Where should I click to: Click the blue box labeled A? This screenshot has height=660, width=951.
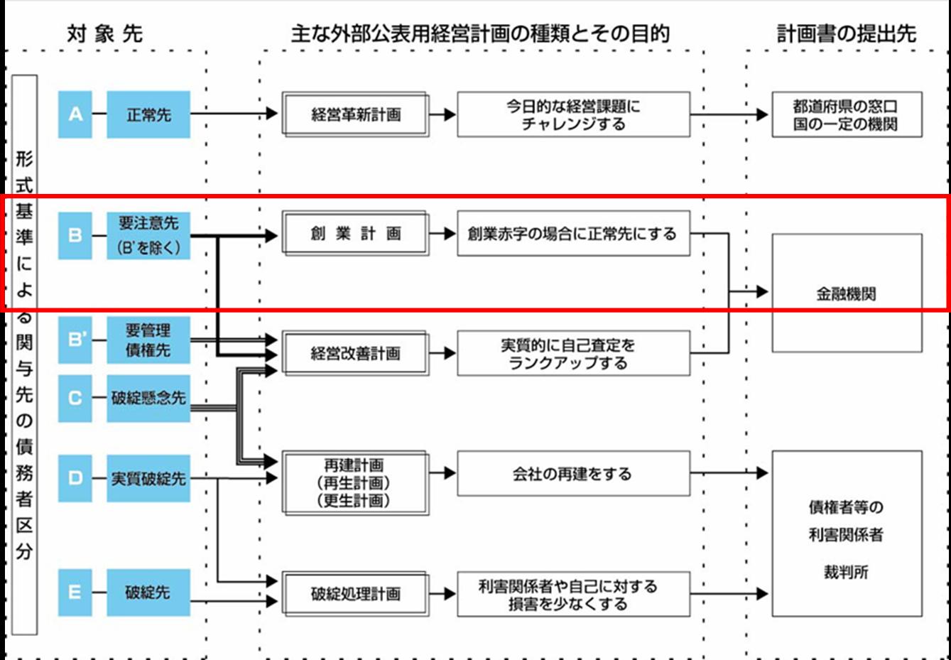point(75,114)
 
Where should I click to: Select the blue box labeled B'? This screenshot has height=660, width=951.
point(75,340)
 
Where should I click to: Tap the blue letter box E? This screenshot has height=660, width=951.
point(75,593)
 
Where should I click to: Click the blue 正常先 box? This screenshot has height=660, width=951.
point(148,114)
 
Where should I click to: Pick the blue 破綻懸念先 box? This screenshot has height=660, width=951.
point(148,398)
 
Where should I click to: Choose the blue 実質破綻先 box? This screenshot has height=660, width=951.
point(148,478)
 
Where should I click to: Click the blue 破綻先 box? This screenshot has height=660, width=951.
point(148,593)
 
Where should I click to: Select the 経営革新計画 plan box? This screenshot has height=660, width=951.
point(355,114)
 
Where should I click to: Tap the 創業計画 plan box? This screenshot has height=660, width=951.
point(355,234)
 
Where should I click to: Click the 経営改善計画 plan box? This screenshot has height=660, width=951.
point(355,353)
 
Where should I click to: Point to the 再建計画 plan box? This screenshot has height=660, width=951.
point(355,482)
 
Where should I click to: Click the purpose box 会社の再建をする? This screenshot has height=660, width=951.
point(573,474)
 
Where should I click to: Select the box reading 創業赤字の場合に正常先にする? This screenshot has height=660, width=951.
point(573,234)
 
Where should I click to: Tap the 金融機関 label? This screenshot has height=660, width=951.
point(846,293)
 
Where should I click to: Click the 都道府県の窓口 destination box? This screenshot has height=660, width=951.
point(847,114)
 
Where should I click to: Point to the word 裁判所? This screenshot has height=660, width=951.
point(846,572)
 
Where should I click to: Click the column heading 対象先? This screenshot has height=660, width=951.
point(104,33)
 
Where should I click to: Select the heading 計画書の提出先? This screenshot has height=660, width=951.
point(846,33)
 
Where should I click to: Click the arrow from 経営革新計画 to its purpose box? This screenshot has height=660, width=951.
point(442,114)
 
